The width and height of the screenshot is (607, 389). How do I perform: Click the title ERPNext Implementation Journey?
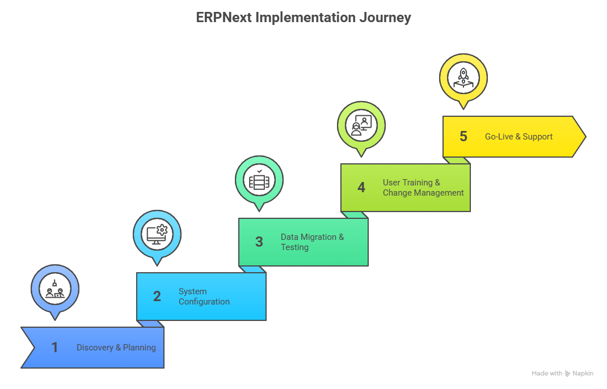[x=303, y=18]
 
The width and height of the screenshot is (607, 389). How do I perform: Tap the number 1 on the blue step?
[x=54, y=347]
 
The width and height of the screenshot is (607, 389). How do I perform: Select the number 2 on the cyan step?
[x=157, y=296]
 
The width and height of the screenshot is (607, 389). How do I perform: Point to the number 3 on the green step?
[x=259, y=242]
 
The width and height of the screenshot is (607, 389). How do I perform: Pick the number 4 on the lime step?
[x=361, y=187]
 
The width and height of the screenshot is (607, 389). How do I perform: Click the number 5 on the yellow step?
[x=463, y=136]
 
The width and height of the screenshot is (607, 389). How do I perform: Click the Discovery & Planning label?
[x=116, y=348]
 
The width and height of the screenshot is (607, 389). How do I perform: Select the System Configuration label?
[x=204, y=297]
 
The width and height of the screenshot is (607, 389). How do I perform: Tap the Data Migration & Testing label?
[x=312, y=242]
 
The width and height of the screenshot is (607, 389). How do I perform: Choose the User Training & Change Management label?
[x=423, y=187]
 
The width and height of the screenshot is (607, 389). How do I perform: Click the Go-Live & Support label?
[x=519, y=137]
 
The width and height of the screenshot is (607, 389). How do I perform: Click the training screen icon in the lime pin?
[x=361, y=125]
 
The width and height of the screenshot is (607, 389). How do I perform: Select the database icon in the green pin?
[x=259, y=180]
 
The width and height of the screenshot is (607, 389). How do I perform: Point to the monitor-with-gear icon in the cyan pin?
[x=157, y=234]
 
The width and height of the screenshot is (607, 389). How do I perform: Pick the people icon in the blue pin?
[x=54, y=289]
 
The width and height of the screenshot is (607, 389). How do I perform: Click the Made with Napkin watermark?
[x=562, y=374]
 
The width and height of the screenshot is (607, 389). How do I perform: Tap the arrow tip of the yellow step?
[x=585, y=137]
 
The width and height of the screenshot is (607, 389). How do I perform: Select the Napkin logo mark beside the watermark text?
[x=567, y=374]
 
